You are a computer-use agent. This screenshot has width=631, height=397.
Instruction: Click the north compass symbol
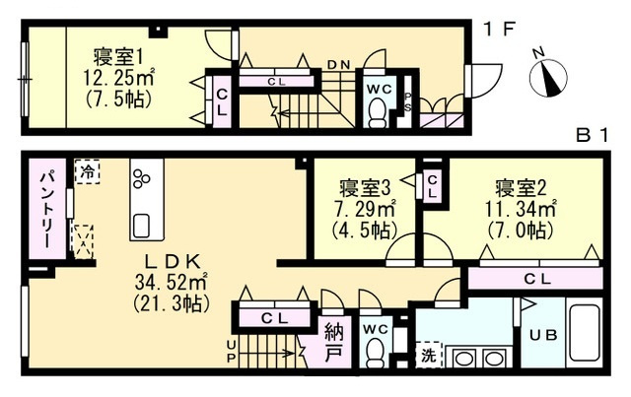point(547,77)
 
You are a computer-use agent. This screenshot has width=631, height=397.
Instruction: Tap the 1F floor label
point(500,30)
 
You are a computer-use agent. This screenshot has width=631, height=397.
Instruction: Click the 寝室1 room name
point(118,57)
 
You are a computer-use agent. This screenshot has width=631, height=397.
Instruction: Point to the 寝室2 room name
point(521,188)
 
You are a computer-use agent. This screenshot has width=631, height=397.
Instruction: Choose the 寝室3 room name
point(365,188)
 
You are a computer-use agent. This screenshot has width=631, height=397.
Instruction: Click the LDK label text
point(172,262)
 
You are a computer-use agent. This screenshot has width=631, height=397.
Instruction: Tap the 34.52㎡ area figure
point(171,282)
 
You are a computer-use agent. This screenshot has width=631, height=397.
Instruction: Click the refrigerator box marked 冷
point(88,172)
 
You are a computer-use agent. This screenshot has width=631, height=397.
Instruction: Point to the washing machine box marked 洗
point(429,356)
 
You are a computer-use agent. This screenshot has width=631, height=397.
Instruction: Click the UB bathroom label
point(543,335)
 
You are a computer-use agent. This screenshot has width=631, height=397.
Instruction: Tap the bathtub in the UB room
point(585,332)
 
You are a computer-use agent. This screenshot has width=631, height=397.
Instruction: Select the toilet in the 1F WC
point(378,113)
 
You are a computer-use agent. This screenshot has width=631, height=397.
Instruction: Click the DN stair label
point(339,64)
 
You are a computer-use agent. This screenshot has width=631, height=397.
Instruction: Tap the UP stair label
point(231,351)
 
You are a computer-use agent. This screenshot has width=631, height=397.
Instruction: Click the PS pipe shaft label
point(408,102)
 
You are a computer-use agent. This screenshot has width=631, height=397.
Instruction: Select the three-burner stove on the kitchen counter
point(142,178)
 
